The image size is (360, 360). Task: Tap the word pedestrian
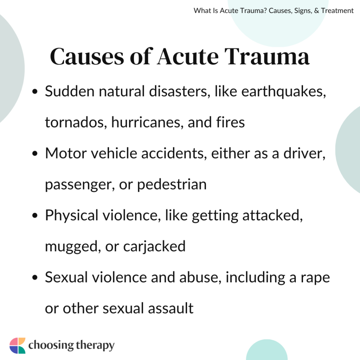pos(172,184)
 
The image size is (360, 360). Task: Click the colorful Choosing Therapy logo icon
pos(18,345)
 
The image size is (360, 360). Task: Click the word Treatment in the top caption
pos(337,11)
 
